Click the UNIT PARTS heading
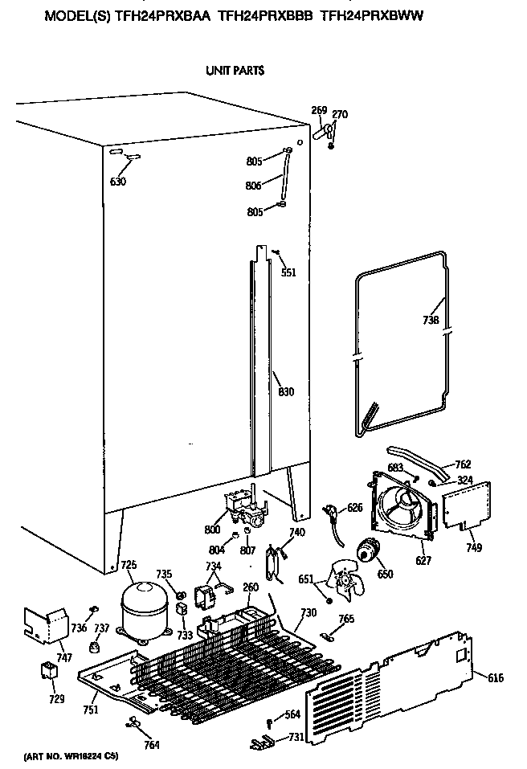(x=235, y=71)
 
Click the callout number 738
(x=431, y=320)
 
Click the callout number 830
(x=286, y=392)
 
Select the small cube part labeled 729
(x=50, y=670)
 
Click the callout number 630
(x=118, y=181)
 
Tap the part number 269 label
(x=319, y=110)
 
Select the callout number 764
(x=151, y=745)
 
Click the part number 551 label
(x=288, y=272)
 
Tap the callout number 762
(x=463, y=464)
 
